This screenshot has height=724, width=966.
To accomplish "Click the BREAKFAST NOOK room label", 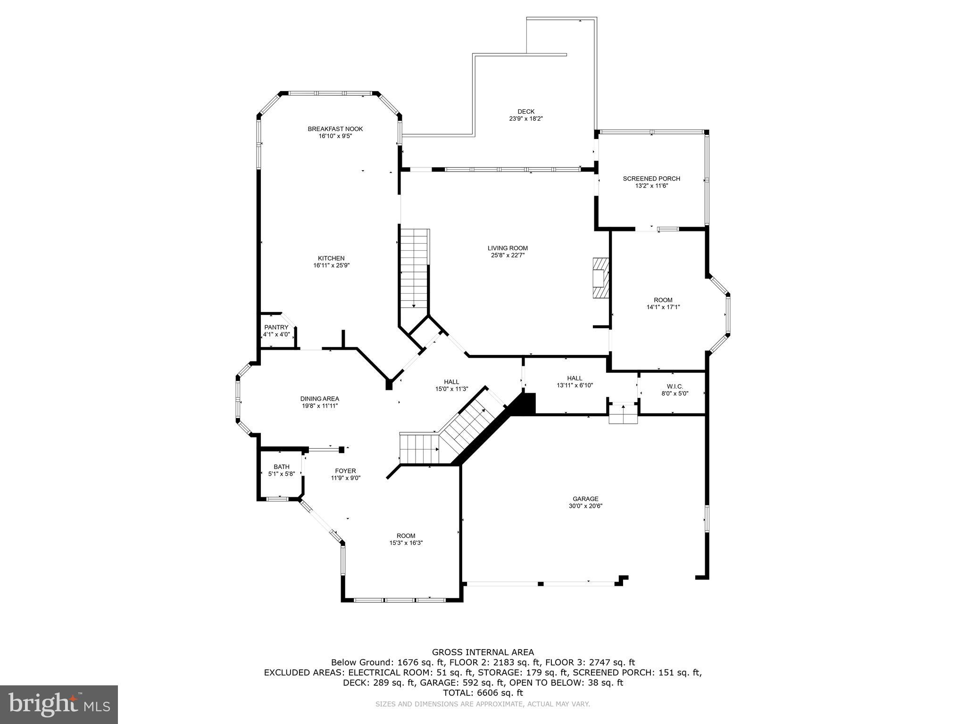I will [335, 129].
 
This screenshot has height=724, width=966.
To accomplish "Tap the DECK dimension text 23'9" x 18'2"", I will [526, 119].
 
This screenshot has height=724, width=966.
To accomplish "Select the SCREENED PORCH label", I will [651, 179].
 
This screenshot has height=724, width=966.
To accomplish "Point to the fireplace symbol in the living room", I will [600, 278].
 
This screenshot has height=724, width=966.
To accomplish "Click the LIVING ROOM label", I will [508, 248].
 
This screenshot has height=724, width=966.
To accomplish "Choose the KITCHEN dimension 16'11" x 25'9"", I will [331, 265].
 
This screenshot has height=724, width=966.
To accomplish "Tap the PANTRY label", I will [276, 327].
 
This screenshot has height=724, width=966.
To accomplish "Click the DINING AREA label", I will [320, 398].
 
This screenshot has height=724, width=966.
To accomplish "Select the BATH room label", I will [282, 467].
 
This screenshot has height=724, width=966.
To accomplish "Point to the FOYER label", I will [345, 470].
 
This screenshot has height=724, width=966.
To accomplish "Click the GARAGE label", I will [585, 499].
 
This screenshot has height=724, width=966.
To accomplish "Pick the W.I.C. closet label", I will [675, 386].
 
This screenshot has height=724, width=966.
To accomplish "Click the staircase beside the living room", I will [414, 269].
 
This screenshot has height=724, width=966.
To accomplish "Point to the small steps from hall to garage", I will [623, 414].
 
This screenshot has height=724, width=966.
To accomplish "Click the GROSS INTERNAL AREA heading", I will [483, 652].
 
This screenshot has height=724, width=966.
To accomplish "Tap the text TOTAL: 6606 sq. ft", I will [483, 692].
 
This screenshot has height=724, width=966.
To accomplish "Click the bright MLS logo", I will [59, 705].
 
